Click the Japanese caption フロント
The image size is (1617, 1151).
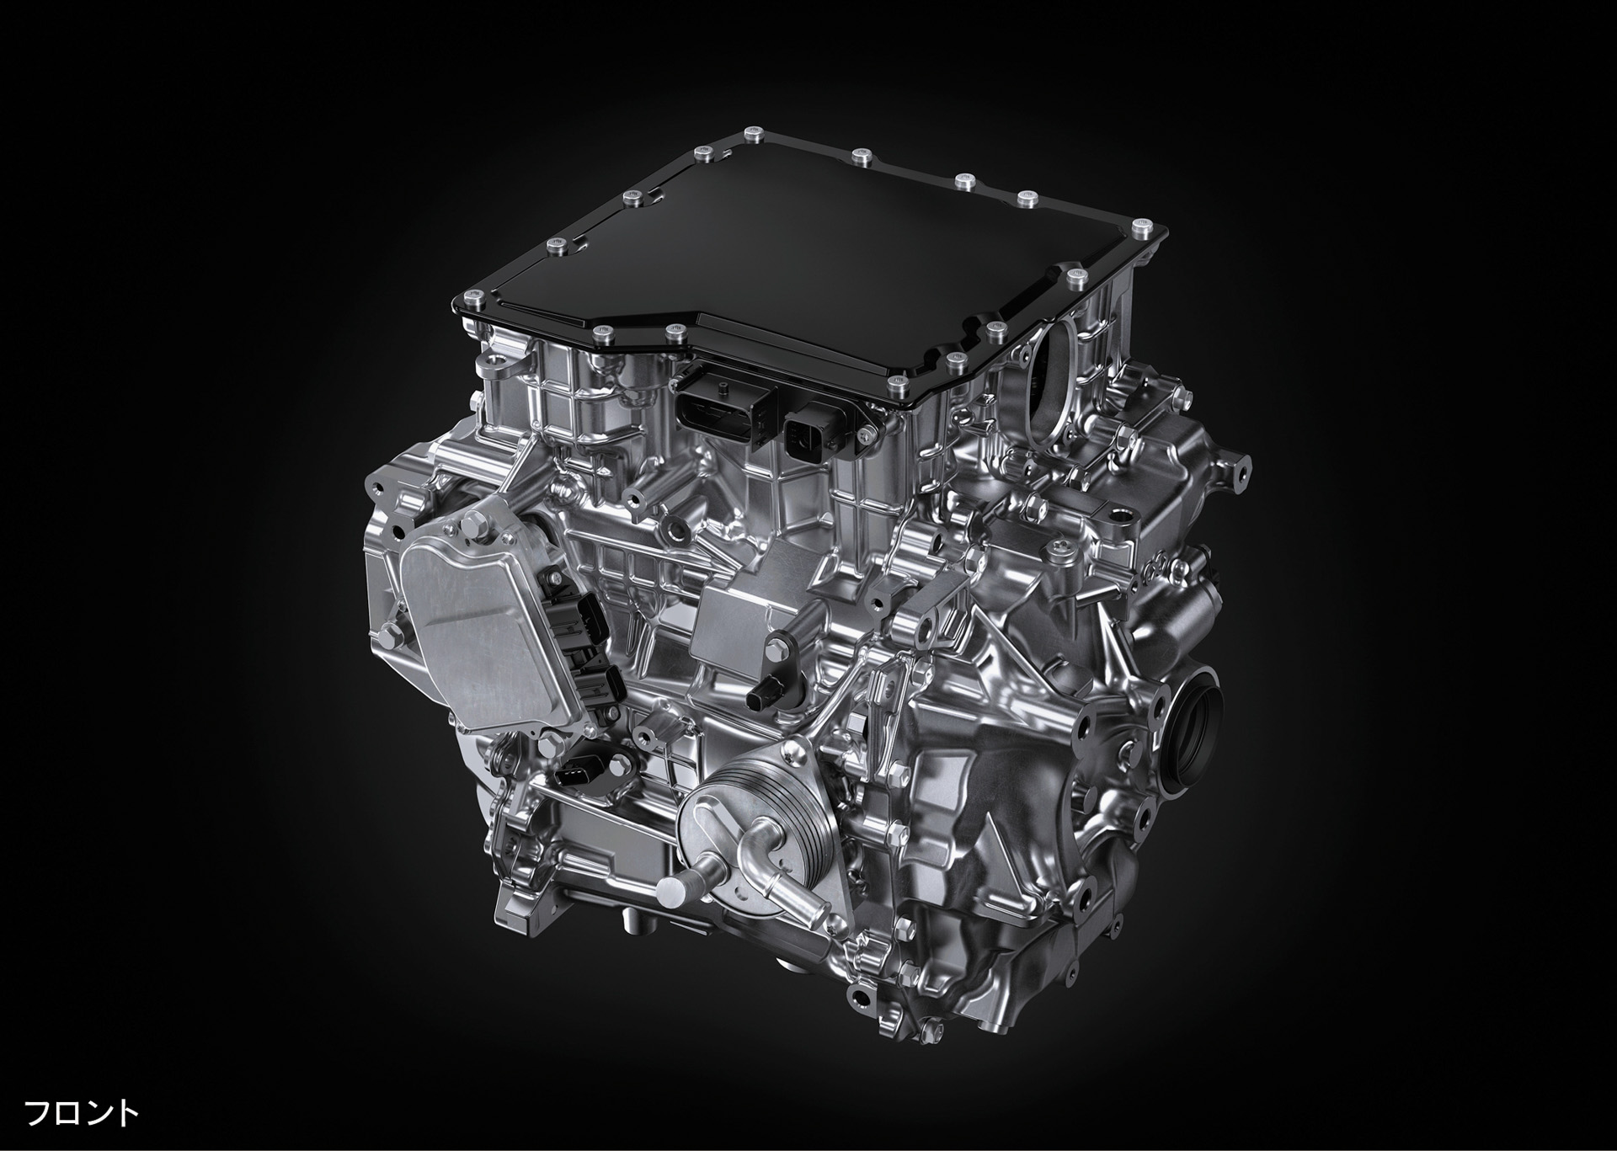pos(81,1112)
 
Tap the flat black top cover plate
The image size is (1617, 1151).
pos(808,269)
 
